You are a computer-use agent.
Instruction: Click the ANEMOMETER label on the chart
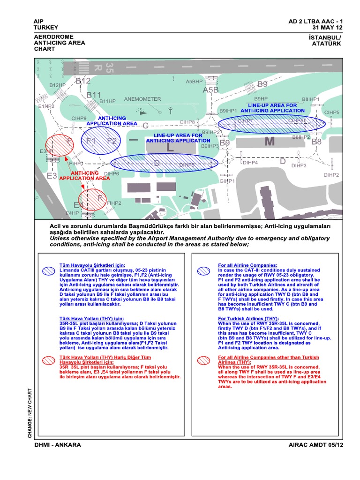142,99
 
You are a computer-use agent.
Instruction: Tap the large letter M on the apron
270,142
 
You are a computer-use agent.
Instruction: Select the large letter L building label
170,147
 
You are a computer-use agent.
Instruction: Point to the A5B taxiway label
211,90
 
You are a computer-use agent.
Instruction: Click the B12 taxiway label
82,81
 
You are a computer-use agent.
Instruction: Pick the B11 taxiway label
94,95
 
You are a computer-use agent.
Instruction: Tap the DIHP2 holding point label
331,175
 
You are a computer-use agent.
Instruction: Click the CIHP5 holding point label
332,112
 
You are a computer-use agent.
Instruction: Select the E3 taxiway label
52,176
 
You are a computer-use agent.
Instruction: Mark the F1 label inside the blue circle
91,141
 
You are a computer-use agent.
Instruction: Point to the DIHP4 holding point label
250,163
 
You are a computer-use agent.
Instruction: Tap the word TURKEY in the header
46,28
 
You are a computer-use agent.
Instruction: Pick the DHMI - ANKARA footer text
60,445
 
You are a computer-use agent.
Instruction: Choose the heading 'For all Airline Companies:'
247,265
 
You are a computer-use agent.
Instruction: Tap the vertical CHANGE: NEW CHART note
30,413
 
